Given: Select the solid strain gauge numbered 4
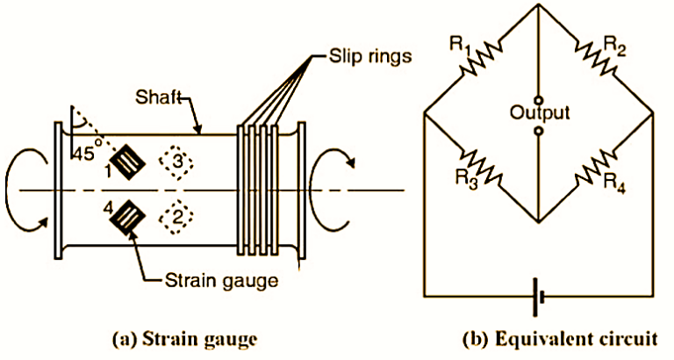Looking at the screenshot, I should [133, 216].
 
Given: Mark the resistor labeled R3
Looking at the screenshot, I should [480, 168].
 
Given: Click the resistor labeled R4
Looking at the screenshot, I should [596, 168].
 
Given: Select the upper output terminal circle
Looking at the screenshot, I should [537, 97].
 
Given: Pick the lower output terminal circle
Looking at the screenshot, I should [537, 132].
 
